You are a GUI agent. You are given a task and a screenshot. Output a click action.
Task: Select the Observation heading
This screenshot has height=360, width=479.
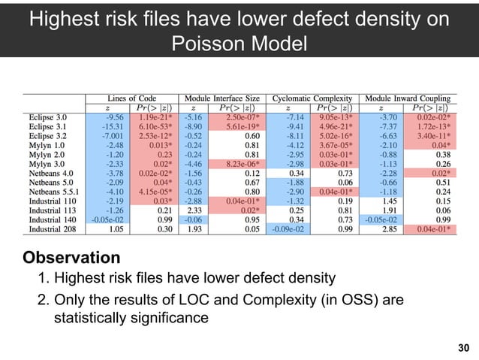tap(72, 258)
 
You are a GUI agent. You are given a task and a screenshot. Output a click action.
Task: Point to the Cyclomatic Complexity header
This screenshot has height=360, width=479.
tap(316, 98)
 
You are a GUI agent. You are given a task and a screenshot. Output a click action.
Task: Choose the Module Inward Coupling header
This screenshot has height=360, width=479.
tap(410, 98)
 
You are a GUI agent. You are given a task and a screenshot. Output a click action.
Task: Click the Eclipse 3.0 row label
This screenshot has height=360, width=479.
tap(47, 118)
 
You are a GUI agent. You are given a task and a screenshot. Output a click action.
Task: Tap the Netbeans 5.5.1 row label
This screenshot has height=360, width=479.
tap(53, 192)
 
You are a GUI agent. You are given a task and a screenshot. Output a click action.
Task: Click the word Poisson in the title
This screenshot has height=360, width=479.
tap(203, 44)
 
